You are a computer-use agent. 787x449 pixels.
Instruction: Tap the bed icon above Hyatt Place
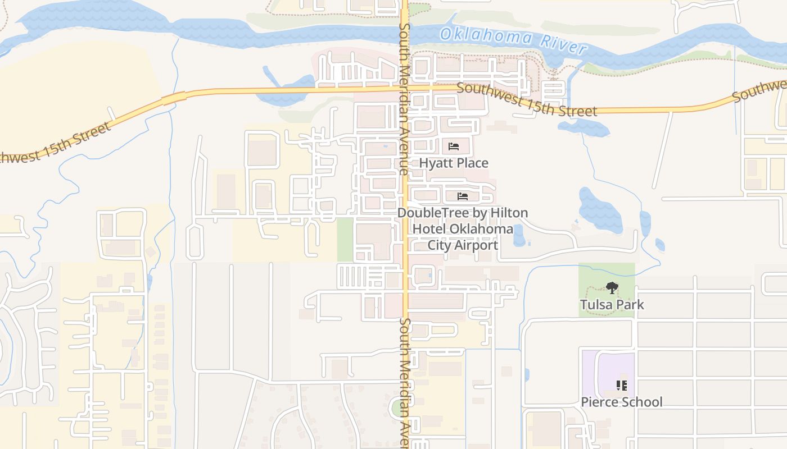(x=454, y=147)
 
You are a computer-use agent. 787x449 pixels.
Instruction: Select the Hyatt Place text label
(x=454, y=163)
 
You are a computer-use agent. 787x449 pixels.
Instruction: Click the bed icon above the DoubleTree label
(x=463, y=196)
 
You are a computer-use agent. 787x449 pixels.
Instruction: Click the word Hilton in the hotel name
(x=510, y=213)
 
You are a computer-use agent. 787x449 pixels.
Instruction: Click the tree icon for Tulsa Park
(x=612, y=288)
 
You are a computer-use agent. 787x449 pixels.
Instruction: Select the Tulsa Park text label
(x=612, y=305)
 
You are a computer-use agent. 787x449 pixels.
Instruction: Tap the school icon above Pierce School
(x=621, y=386)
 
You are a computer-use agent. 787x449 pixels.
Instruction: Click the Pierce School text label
(x=621, y=402)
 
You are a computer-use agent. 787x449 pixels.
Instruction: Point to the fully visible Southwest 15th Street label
(x=527, y=100)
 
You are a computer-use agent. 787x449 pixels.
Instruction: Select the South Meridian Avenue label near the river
(x=404, y=98)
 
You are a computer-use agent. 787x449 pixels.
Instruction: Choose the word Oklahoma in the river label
(x=485, y=36)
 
